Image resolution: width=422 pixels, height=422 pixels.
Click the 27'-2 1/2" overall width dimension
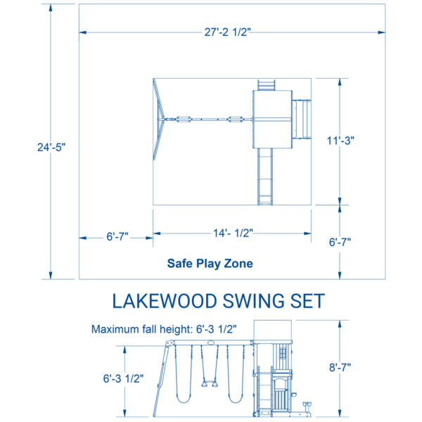point(227,32)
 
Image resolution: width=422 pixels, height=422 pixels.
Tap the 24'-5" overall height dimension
point(51,148)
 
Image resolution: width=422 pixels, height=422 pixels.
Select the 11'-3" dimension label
point(340,141)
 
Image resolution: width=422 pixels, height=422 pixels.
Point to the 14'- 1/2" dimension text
point(233,233)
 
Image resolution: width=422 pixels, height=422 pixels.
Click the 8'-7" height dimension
point(340,367)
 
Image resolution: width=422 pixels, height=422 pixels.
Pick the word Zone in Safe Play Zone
point(238,264)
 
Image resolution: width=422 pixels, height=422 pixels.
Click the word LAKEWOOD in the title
point(165,301)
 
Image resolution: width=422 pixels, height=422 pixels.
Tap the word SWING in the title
point(253,301)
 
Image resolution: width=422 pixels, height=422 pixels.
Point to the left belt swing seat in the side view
point(184,398)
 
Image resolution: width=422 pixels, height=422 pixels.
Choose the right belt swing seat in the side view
point(236,398)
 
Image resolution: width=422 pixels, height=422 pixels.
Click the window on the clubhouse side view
point(283,353)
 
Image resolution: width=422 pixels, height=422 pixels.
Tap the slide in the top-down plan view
point(265,177)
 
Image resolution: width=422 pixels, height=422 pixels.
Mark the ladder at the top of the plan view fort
point(266,85)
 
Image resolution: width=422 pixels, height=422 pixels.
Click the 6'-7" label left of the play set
point(117,236)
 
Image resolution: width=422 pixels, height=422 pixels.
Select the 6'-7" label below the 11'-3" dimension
point(340,242)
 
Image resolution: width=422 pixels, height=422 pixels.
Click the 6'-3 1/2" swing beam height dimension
point(123,378)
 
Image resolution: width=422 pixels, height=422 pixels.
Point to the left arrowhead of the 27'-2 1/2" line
point(83,32)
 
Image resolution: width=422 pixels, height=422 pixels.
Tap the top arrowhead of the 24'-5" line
point(51,8)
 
